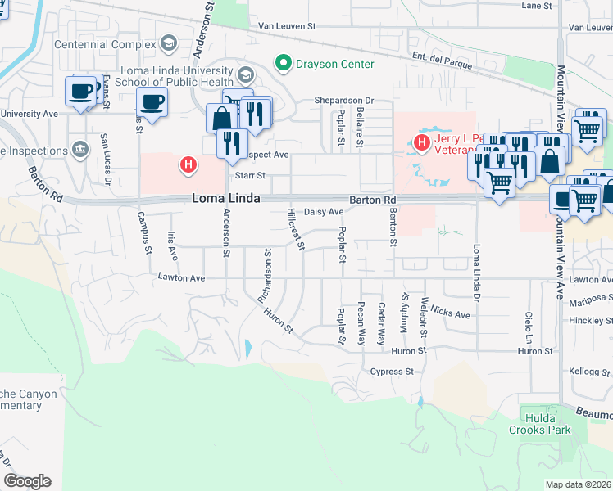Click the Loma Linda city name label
coord(226,199)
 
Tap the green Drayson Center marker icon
coord(284,63)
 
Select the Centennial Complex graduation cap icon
coord(169,43)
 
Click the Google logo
coord(27,481)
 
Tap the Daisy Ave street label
coord(324,212)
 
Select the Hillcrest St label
coord(296,229)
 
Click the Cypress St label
coord(392,372)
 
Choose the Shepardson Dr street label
coord(344,101)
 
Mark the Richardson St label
coord(264,277)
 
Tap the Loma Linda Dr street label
coord(475,269)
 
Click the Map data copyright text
coord(579,484)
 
